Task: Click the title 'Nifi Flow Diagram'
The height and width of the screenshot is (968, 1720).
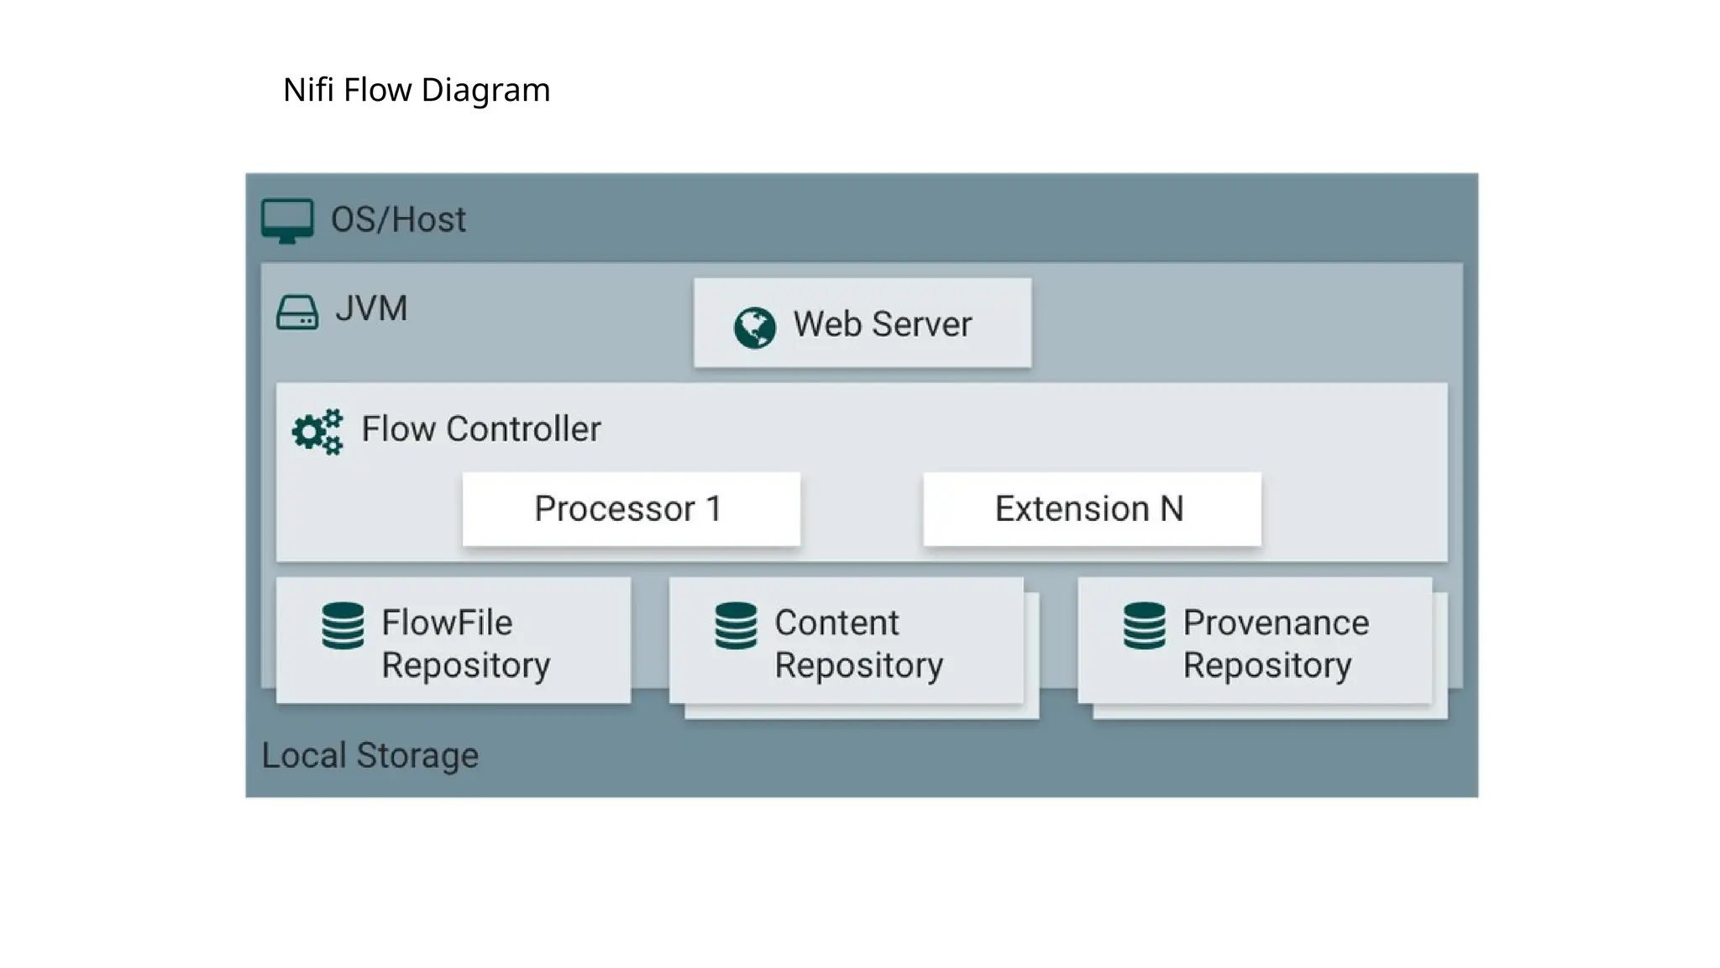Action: click(x=417, y=90)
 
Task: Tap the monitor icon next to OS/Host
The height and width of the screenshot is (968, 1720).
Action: click(x=287, y=220)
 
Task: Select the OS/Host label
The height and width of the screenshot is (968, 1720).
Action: click(x=398, y=219)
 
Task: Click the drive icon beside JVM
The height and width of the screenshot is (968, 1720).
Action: click(x=297, y=312)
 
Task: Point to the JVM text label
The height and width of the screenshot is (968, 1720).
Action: click(x=371, y=308)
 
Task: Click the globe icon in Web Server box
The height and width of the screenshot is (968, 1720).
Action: click(x=754, y=327)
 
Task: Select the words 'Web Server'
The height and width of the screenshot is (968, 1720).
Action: click(x=882, y=324)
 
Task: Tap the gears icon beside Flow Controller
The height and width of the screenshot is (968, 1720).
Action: click(x=317, y=432)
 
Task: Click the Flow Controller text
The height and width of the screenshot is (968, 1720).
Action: click(x=481, y=429)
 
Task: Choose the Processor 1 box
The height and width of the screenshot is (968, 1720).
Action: click(x=631, y=509)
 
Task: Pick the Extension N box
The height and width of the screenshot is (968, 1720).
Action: click(x=1092, y=509)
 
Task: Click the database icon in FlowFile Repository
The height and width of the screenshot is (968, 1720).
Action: click(x=343, y=626)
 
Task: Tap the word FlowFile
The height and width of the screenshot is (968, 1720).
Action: click(x=447, y=623)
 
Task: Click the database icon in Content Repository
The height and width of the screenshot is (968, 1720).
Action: click(x=736, y=626)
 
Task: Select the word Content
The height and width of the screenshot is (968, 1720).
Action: click(x=836, y=623)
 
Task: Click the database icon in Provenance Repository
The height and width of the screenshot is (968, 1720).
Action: click(x=1144, y=626)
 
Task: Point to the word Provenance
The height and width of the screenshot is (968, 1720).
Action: click(x=1276, y=623)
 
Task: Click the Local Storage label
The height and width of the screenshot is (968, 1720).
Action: click(x=370, y=755)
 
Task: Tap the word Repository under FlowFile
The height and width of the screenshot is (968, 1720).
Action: click(x=466, y=665)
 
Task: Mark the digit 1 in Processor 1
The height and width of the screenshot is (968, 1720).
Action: click(x=714, y=508)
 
